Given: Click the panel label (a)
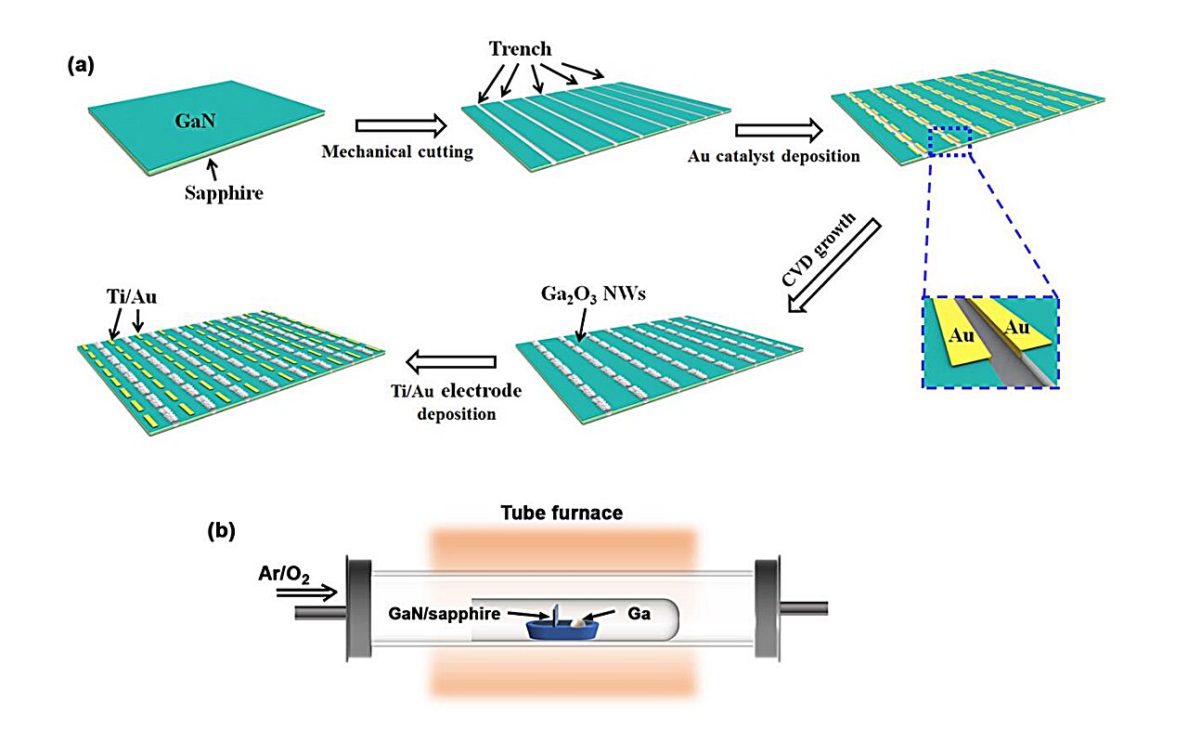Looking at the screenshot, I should pos(81,66).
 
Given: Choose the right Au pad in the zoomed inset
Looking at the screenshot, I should pos(1019,329).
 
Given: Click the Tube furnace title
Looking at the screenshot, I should pos(562,513).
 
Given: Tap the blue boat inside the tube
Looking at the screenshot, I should pos(562,629).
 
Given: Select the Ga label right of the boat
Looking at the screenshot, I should pos(633,614).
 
